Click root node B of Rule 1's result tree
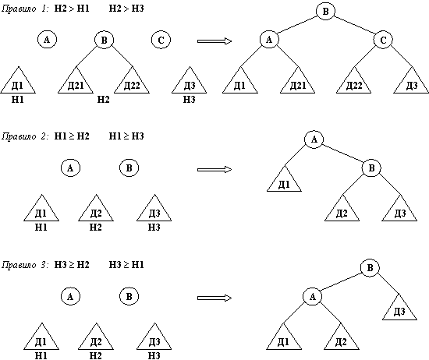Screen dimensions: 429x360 tap(325, 11)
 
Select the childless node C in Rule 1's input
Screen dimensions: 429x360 tap(161, 40)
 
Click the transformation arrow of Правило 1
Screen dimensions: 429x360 tap(214, 41)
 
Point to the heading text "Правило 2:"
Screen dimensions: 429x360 tap(25, 136)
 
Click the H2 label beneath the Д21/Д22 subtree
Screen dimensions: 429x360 tap(104, 100)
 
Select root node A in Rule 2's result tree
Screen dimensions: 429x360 tap(314, 139)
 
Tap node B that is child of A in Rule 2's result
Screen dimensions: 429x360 tap(371, 168)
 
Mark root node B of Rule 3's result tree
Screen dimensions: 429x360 tap(370, 267)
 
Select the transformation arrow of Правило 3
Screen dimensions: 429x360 tap(214, 298)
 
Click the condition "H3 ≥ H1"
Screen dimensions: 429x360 tap(126, 265)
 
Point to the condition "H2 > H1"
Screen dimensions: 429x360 tap(72, 9)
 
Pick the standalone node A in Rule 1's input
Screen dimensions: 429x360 tap(47, 40)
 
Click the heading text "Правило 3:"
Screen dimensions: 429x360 tap(25, 265)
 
